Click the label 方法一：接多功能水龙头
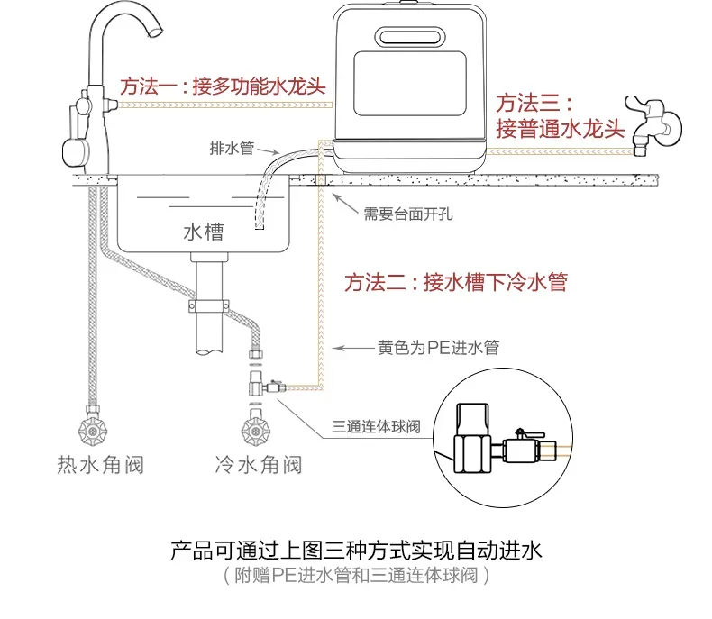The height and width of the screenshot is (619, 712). click(x=223, y=86)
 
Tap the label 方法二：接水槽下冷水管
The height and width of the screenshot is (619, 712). click(x=455, y=282)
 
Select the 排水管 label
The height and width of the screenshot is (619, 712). click(x=232, y=148)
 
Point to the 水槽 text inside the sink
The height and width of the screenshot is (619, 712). click(x=204, y=232)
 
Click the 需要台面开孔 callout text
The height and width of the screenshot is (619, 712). click(x=407, y=214)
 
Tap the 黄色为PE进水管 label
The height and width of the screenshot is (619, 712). click(x=438, y=348)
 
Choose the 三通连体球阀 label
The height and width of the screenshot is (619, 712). click(x=376, y=426)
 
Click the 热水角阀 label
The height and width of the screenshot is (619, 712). click(x=100, y=465)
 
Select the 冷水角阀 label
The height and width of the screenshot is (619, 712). click(x=258, y=465)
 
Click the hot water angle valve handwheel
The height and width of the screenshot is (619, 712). click(x=93, y=431)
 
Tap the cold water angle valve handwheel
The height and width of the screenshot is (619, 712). click(x=256, y=431)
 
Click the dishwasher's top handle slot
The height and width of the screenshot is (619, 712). click(x=410, y=37)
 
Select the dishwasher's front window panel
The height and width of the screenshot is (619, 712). click(x=410, y=84)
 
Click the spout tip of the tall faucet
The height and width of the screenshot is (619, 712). click(x=156, y=32)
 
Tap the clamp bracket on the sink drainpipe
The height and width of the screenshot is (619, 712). click(x=209, y=305)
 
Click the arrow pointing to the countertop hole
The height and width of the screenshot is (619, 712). click(x=345, y=204)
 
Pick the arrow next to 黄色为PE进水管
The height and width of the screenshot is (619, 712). click(x=353, y=349)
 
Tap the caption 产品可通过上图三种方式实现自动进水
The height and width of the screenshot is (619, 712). click(x=357, y=550)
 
